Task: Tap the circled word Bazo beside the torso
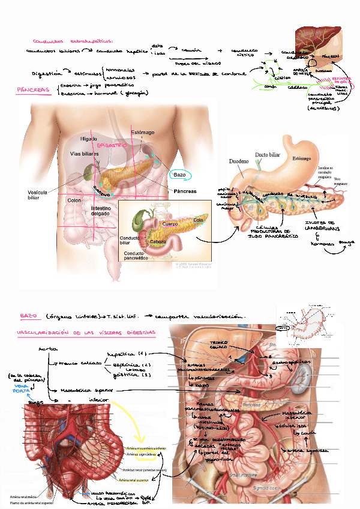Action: (x=181, y=175)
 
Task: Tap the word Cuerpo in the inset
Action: (x=172, y=223)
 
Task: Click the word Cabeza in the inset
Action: (x=158, y=241)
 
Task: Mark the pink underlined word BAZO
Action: (x=28, y=316)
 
